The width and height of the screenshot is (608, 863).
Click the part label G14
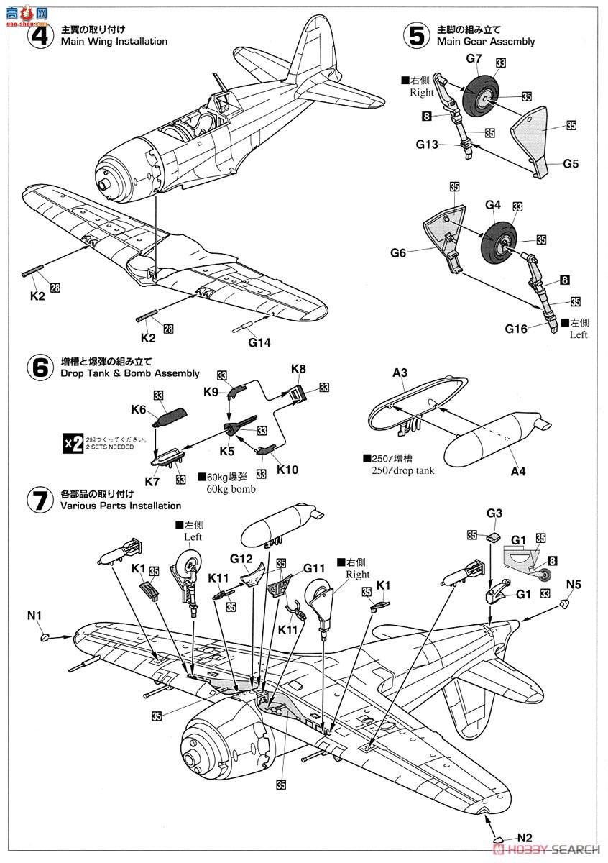coord(259,342)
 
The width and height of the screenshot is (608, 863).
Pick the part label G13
coord(427,144)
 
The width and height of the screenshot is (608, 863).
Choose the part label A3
coord(400,373)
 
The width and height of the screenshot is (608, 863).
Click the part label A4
coord(518,472)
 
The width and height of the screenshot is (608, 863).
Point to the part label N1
coord(35,616)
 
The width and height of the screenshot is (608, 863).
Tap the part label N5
coord(573,583)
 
